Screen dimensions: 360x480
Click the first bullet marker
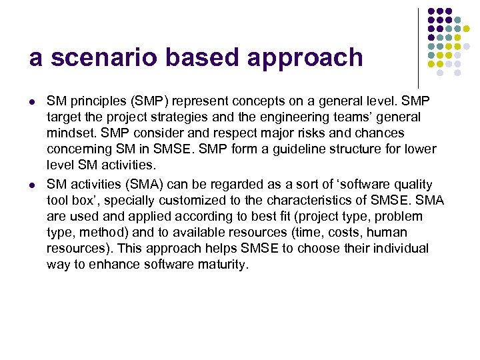32,101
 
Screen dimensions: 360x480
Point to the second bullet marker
32,184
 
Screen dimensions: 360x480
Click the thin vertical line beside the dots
418,47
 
